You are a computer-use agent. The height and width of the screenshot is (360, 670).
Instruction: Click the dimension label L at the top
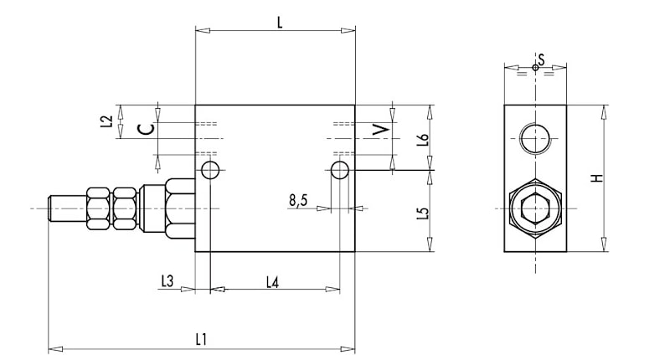(x=280, y=23)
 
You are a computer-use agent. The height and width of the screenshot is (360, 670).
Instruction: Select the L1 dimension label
(x=201, y=340)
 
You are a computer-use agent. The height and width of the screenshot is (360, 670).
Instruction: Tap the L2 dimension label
(x=109, y=121)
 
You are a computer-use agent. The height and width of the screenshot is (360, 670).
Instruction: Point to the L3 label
(x=167, y=281)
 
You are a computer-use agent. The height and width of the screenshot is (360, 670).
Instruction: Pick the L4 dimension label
(x=273, y=282)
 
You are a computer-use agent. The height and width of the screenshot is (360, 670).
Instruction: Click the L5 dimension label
(x=423, y=213)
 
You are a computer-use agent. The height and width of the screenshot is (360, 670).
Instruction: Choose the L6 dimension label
(x=423, y=140)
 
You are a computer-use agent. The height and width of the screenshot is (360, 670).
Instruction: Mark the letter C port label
(x=146, y=129)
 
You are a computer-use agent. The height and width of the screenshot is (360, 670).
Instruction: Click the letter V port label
(x=381, y=130)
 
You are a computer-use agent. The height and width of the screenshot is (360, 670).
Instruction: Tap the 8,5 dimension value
(x=298, y=200)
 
